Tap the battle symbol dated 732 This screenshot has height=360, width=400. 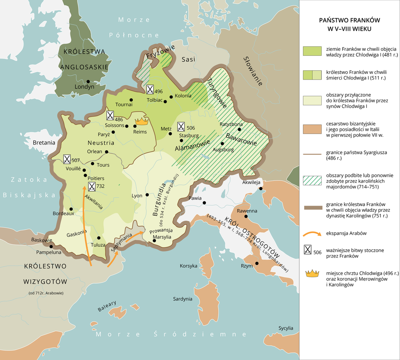point(92,186)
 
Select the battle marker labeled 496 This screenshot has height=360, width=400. point(150,89)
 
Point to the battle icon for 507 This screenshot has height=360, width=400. point(66,159)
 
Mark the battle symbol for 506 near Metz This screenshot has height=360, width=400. point(181,127)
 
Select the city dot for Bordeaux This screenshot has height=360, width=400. point(71,209)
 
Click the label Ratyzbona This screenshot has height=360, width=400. point(231,124)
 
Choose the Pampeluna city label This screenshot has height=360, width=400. point(49,252)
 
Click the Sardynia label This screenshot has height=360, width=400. point(183,299)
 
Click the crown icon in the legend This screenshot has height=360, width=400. point(312,273)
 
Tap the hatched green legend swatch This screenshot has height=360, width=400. point(312,180)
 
